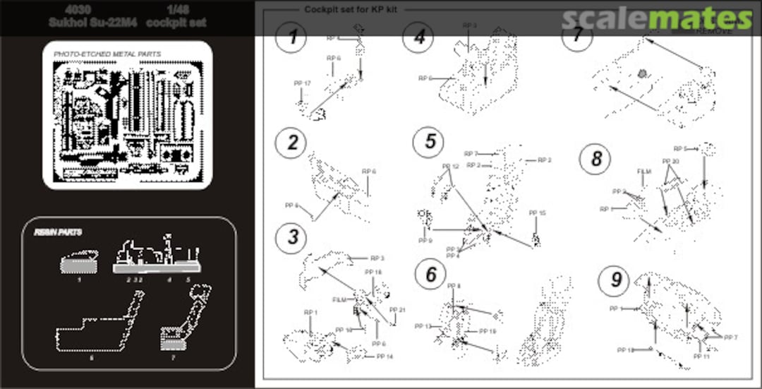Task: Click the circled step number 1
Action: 291,37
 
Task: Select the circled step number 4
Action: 418,37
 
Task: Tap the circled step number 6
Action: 430,275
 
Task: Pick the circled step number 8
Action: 595,159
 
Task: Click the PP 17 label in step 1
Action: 302,83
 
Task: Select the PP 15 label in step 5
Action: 537,213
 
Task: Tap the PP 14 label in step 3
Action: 385,357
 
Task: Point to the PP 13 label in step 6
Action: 423,326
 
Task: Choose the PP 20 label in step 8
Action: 670,161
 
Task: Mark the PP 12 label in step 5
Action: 450,167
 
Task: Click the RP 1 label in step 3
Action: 311,311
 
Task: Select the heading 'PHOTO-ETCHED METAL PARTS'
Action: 107,54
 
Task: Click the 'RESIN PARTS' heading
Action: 58,232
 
